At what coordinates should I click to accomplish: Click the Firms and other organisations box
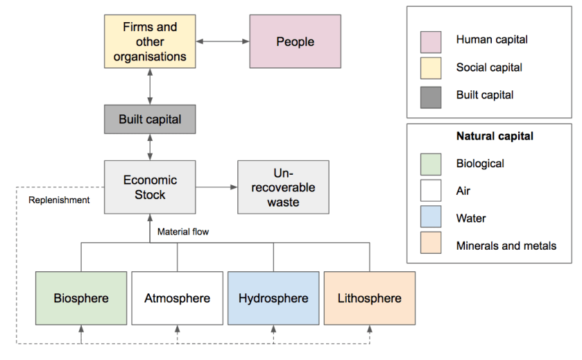pos(150,42)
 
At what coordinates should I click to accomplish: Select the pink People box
pos(295,42)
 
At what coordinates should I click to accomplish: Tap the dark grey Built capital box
pos(150,119)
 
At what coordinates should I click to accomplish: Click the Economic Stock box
pos(150,187)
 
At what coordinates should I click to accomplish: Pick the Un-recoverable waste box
pos(283,187)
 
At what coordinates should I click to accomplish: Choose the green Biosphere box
pos(81,298)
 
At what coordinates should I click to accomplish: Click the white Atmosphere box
pos(177,298)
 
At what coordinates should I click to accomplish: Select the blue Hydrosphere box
pos(273,298)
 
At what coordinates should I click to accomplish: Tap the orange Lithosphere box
pos(369,298)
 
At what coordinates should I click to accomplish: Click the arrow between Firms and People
pos(222,42)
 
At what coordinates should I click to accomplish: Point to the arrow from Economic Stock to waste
pos(216,187)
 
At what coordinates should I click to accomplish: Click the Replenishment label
pos(59,200)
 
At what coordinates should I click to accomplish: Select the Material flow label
pos(183,232)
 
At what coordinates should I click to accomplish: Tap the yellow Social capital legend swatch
pos(431,69)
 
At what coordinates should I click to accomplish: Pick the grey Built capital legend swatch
pos(431,96)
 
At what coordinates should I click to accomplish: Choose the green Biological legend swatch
pos(431,164)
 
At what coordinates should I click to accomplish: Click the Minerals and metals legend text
pos(506,246)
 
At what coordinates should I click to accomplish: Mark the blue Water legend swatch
pos(431,219)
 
